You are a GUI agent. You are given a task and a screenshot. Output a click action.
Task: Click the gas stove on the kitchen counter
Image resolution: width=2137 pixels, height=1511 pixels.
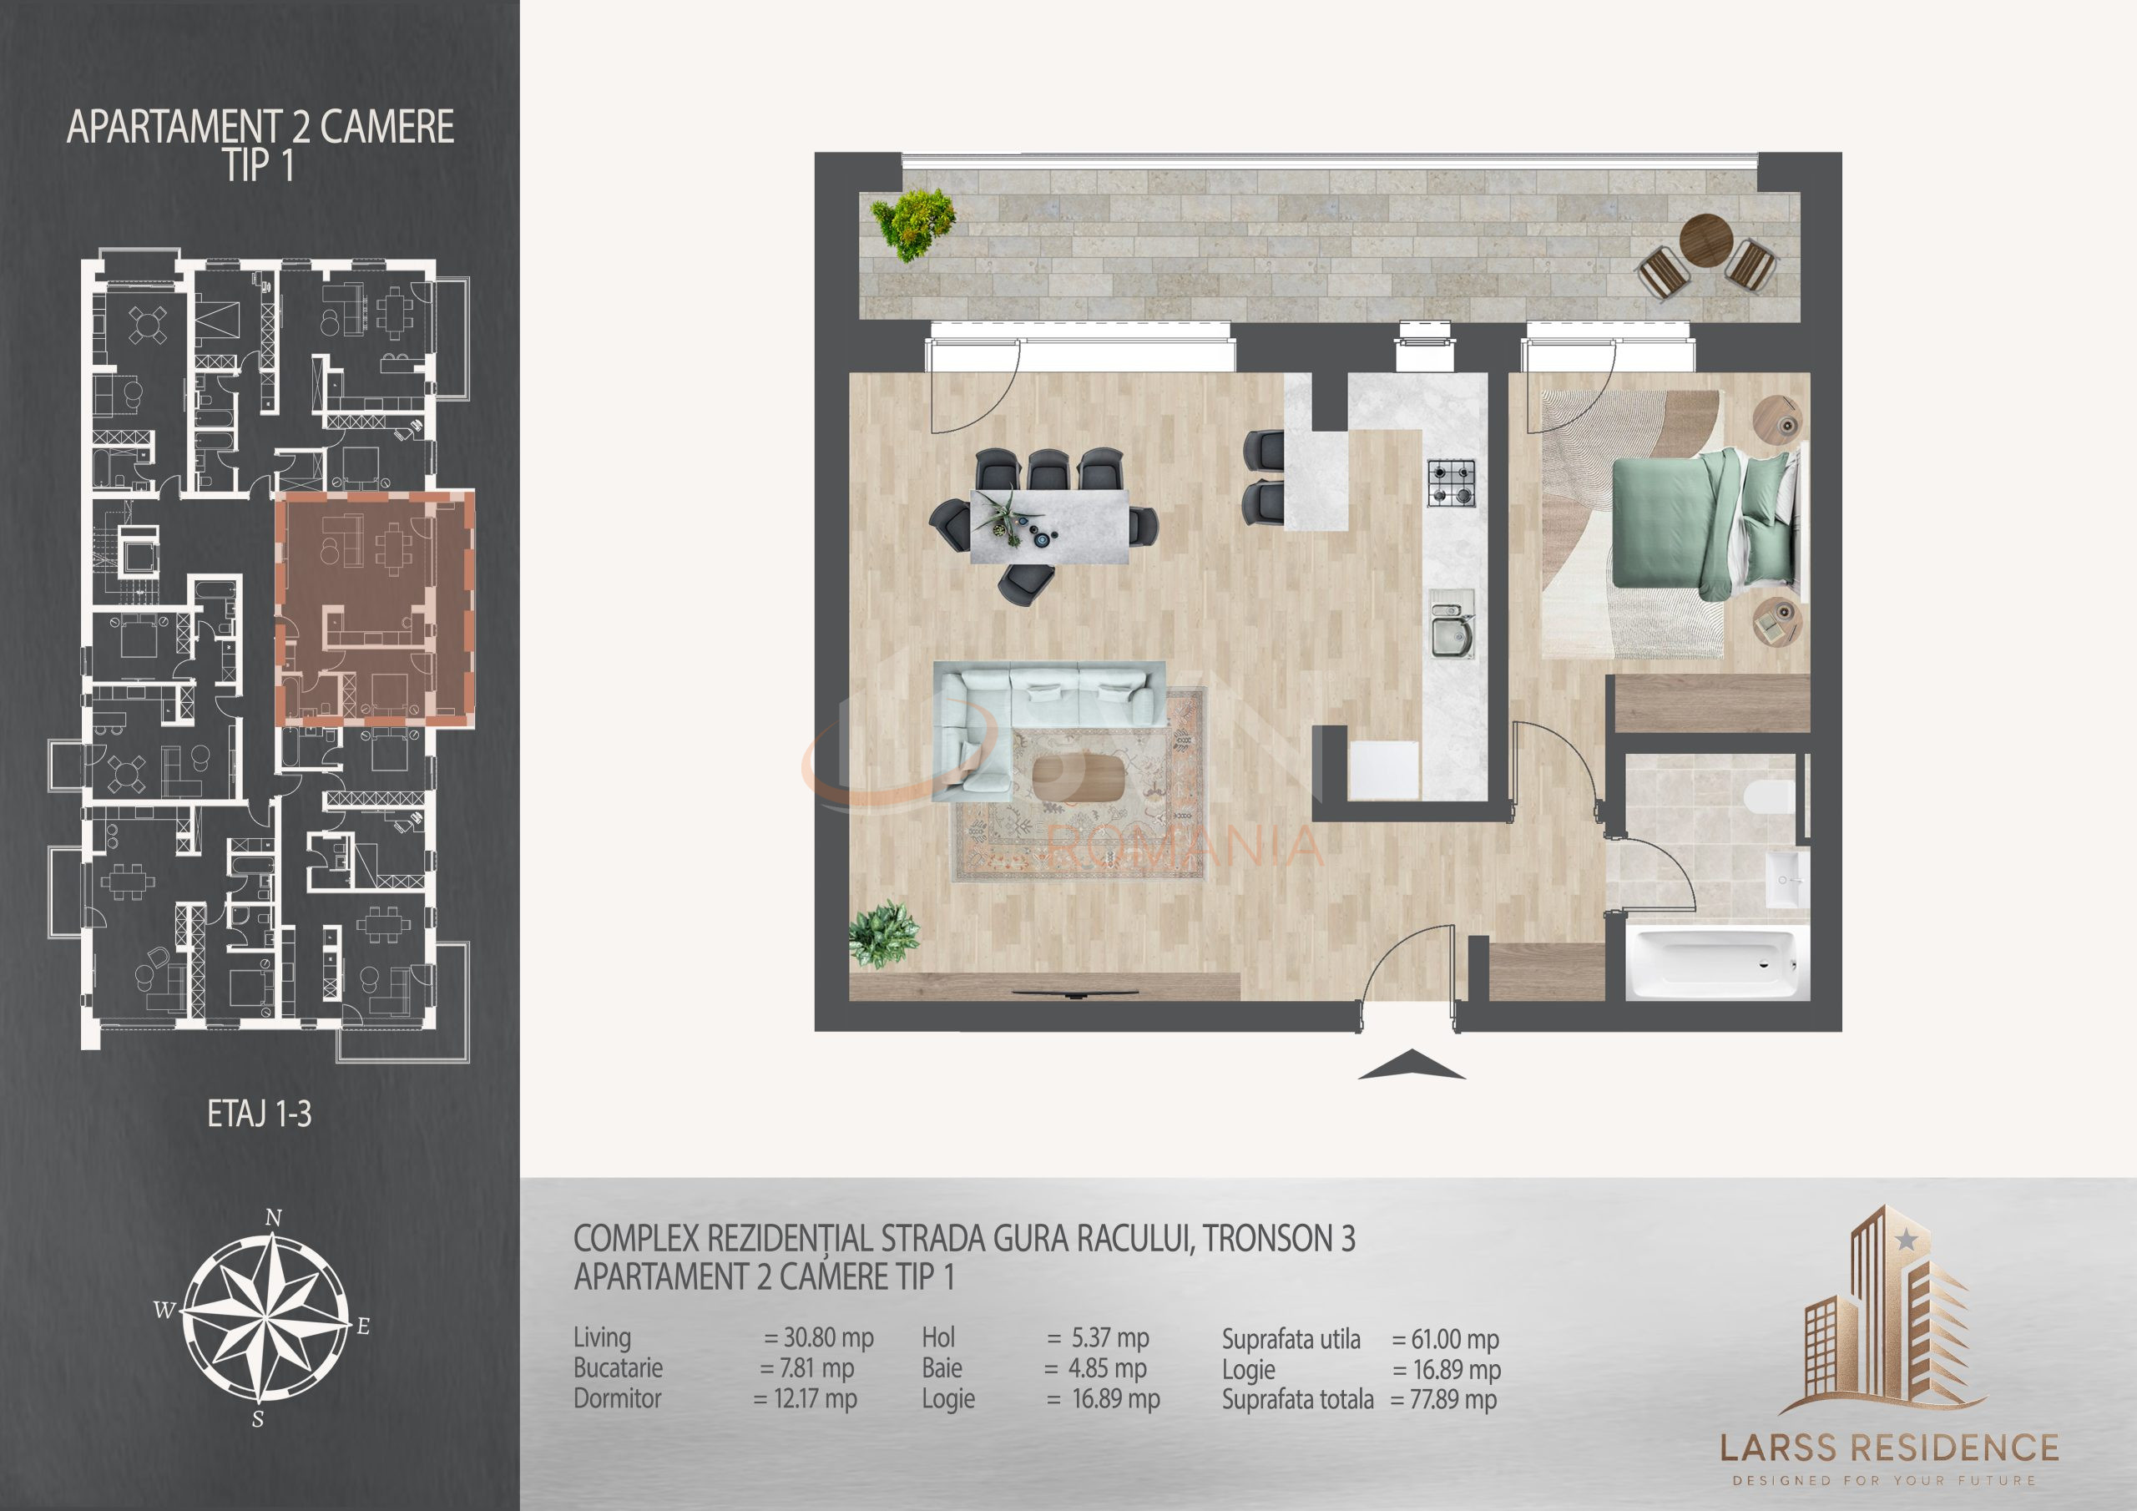coord(1451,483)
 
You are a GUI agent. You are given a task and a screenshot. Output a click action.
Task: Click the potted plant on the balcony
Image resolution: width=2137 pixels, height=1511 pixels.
coord(914,225)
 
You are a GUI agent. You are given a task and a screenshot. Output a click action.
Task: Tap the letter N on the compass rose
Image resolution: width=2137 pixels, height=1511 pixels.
coord(273,1218)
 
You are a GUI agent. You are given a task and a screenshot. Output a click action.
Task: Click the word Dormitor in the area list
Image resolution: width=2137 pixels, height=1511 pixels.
coord(617,1398)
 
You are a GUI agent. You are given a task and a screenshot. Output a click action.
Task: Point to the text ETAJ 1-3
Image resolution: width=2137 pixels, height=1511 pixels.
coord(259,1114)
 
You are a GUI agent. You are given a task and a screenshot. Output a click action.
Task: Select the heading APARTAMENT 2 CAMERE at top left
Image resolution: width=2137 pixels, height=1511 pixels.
coord(260,128)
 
